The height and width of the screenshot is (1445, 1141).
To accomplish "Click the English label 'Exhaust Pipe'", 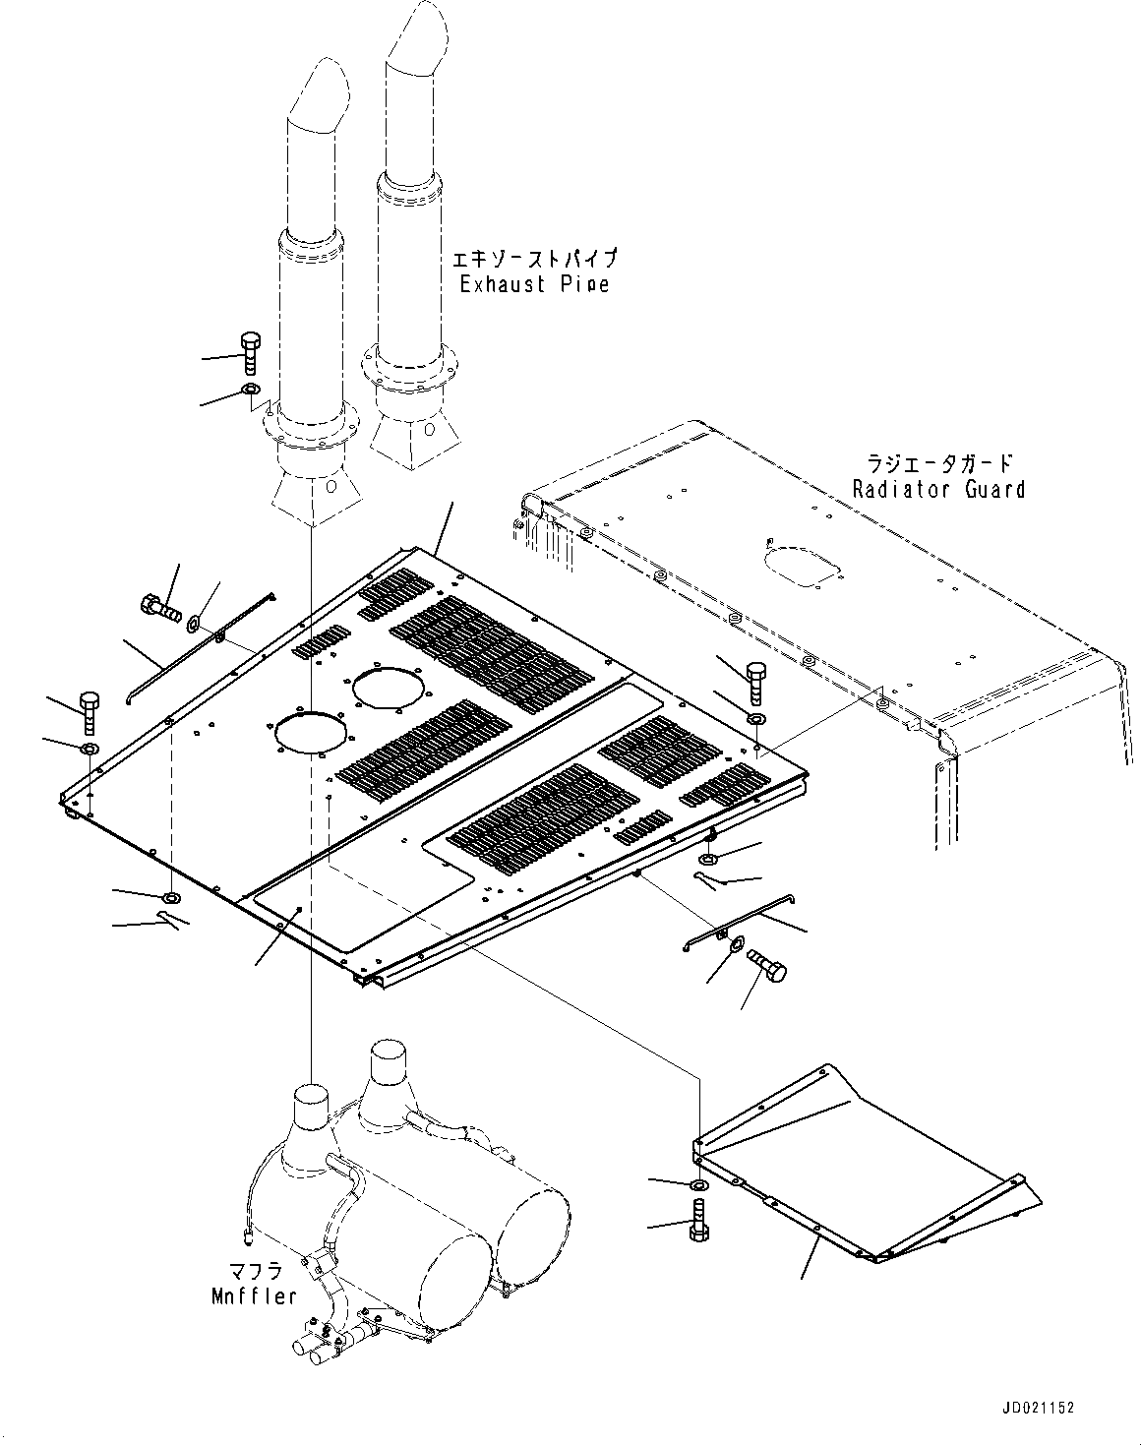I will point(535,284).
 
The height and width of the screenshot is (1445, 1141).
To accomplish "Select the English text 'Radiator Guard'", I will point(938,489).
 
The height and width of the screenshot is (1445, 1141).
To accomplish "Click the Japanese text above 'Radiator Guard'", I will point(939,462).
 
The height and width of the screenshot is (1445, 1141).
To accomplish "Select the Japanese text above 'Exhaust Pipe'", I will point(535,259).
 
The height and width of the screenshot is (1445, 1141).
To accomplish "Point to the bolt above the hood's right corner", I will point(755,682).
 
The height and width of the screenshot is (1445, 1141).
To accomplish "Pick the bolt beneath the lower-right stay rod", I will point(767,966).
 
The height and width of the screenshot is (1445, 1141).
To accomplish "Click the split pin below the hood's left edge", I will point(173,920).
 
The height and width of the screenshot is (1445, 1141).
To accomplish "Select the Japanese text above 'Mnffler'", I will point(254,1271).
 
